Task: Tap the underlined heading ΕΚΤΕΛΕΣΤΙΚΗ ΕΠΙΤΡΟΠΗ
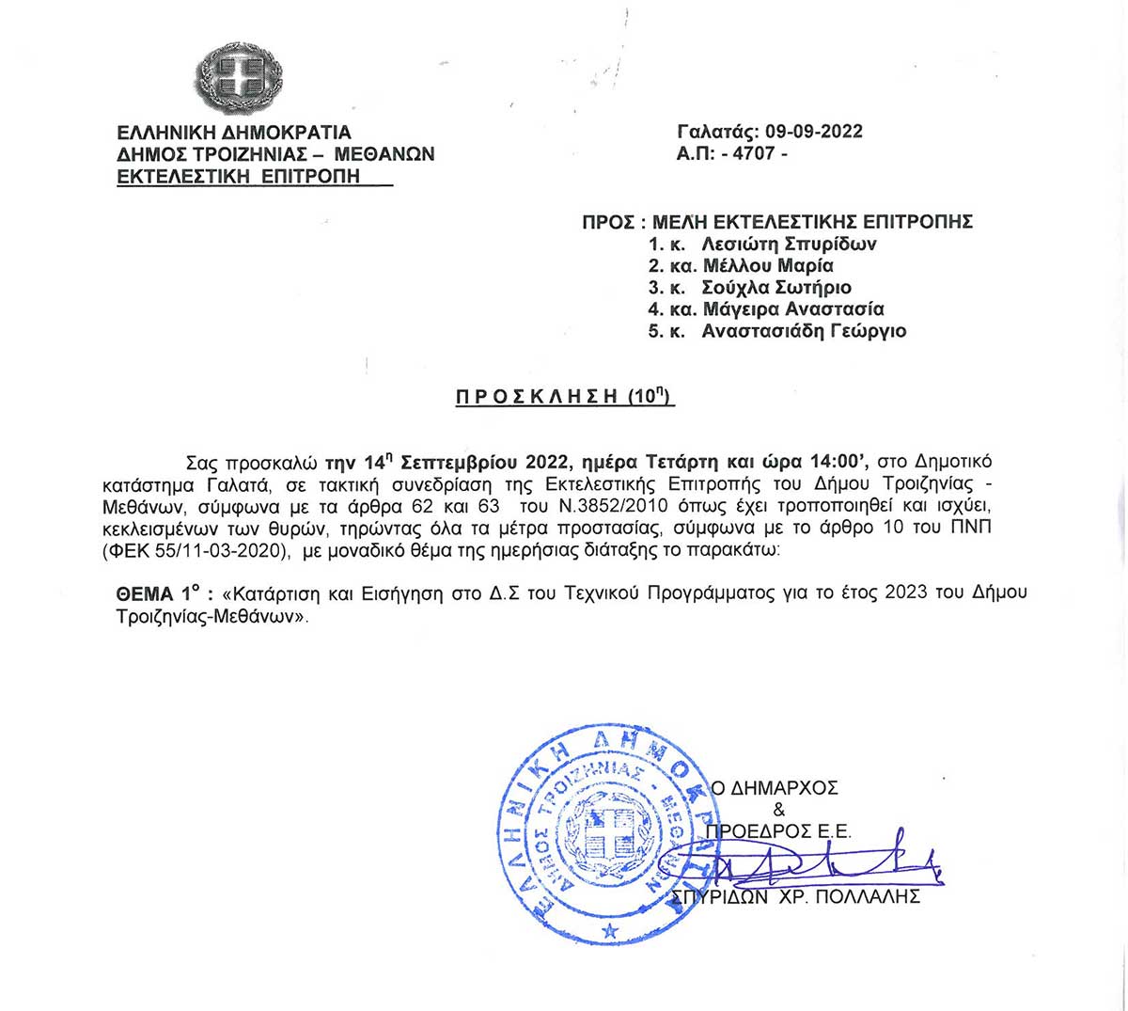[x=239, y=176]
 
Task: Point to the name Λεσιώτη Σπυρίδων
[x=790, y=244]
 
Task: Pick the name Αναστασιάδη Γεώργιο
[x=804, y=330]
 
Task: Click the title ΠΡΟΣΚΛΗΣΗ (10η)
[x=565, y=397]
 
